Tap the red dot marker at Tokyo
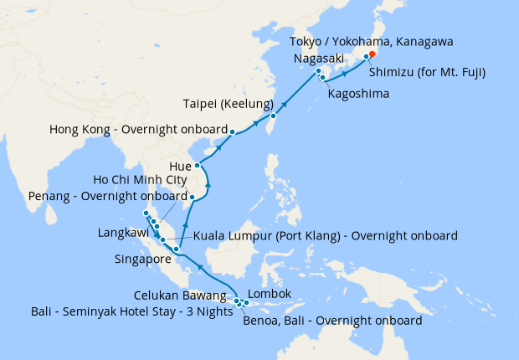373,54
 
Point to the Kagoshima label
359,94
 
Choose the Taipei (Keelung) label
224,105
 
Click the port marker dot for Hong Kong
232,131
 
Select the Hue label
180,166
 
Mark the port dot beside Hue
198,166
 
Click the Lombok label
270,294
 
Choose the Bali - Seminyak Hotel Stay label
116,311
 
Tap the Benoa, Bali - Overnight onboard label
331,320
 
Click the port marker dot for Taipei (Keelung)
274,116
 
